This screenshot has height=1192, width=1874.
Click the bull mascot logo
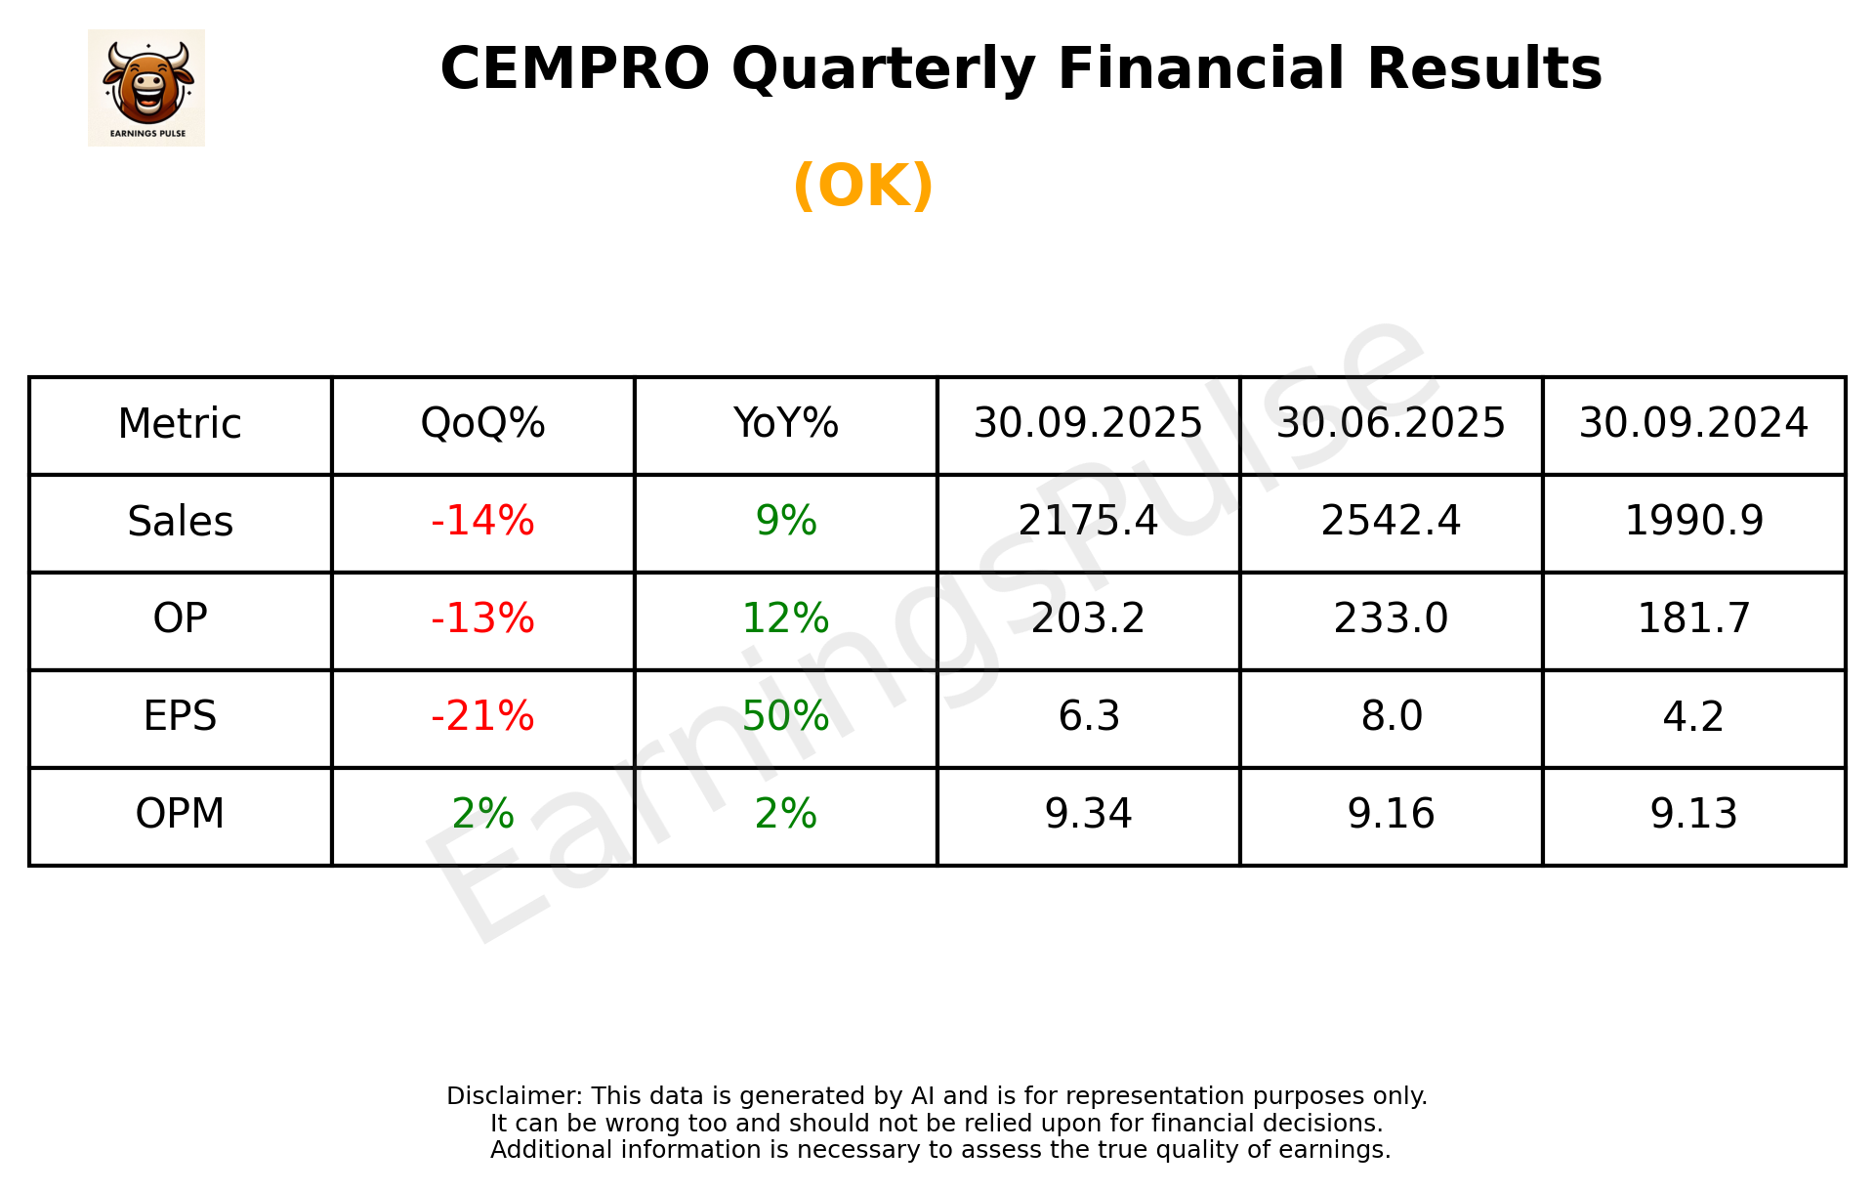pos(146,87)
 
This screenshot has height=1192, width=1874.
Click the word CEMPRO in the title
pos(574,69)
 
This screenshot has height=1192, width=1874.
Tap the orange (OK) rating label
pos(863,186)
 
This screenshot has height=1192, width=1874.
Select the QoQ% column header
pos(482,424)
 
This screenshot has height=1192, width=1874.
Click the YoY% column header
pos(785,424)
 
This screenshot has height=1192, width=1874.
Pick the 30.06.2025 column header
pos(1391,424)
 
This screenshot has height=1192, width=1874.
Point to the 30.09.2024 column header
pos(1693,424)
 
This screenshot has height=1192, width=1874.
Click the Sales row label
pos(181,522)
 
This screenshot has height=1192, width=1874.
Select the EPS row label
pos(181,717)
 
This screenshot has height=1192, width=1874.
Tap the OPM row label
pos(181,814)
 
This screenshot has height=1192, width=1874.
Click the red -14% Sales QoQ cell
pos(482,522)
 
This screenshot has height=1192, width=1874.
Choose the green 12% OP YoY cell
pos(785,618)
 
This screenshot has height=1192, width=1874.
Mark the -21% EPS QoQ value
pos(482,717)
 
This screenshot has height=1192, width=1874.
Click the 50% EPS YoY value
pos(785,717)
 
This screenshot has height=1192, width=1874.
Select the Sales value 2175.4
pos(1088,522)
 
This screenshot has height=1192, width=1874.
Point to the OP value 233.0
pos(1391,618)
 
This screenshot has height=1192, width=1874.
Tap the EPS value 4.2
pos(1693,717)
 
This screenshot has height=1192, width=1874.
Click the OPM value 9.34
pos(1088,814)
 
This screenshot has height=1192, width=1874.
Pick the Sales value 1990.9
pos(1693,522)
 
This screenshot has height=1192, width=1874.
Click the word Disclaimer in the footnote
pos(513,1096)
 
